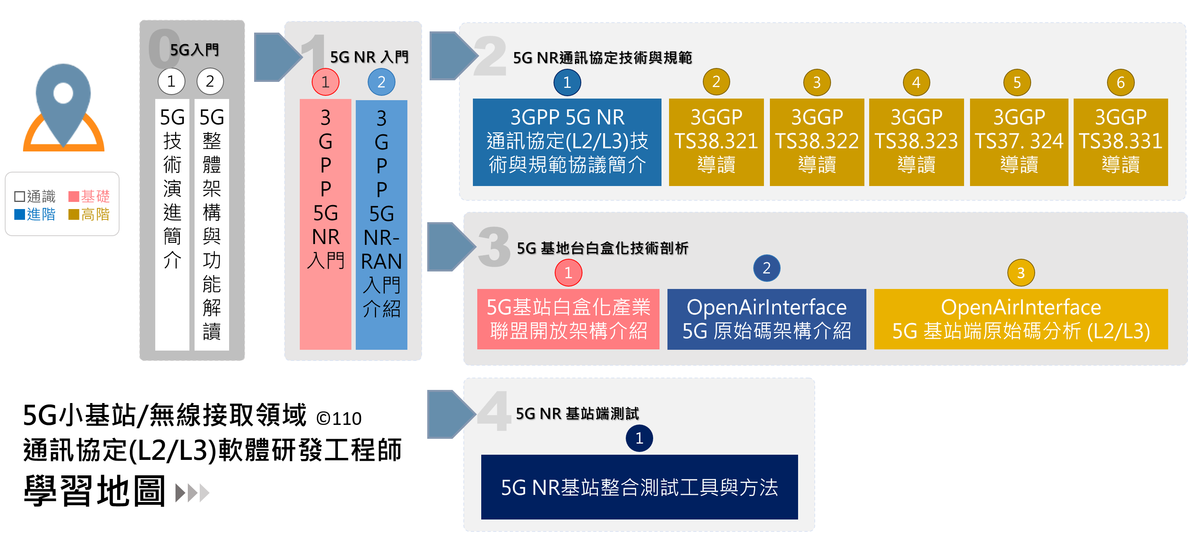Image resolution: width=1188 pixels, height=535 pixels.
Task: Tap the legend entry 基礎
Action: (89, 196)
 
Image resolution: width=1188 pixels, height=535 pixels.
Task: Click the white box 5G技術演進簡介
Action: (172, 224)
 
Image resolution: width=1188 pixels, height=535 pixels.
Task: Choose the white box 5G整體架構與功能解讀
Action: (212, 224)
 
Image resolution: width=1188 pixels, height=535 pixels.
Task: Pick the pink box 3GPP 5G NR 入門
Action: (325, 224)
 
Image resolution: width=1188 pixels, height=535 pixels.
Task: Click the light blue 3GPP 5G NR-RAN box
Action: (382, 224)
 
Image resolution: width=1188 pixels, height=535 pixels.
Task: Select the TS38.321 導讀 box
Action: (716, 142)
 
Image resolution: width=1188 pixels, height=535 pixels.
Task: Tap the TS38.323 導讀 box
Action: (916, 142)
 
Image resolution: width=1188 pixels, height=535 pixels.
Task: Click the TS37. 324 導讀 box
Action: (1018, 142)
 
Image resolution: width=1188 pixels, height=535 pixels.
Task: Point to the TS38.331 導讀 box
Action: (1120, 142)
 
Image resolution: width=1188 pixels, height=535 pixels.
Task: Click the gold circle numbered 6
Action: (1120, 83)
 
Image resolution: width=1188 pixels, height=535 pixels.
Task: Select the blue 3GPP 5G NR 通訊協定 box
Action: (567, 142)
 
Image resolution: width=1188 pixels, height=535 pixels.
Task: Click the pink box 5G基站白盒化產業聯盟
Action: (568, 319)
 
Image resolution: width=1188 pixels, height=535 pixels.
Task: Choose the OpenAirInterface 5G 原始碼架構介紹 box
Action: (766, 319)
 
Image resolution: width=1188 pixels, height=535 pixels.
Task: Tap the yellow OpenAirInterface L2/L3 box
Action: (1020, 319)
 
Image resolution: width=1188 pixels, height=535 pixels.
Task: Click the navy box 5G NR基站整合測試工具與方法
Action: (639, 487)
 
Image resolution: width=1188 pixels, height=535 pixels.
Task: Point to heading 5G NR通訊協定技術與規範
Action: (602, 58)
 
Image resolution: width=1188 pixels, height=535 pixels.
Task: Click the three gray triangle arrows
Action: (192, 493)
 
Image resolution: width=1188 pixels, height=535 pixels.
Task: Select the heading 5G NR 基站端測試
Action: (577, 414)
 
